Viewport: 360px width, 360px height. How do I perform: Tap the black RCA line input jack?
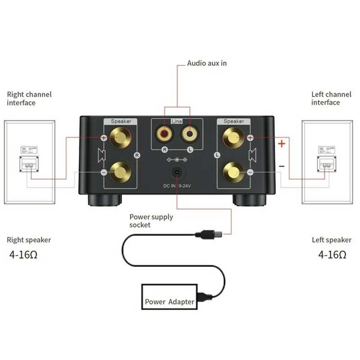190,133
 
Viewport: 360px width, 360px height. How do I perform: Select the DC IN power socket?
177,173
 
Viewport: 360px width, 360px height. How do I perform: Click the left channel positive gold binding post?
233,137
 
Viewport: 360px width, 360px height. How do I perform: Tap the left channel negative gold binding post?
233,172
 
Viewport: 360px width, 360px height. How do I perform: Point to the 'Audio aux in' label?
207,63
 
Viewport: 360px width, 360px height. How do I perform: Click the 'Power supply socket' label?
151,221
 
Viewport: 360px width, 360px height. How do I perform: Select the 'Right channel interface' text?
29,99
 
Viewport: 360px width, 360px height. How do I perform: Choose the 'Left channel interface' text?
331,98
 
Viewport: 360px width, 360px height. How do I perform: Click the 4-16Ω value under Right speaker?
23,255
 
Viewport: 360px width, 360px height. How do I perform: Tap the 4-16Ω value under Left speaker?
332,255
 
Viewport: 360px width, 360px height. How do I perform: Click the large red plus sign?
282,143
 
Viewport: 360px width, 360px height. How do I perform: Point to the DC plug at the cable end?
210,235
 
